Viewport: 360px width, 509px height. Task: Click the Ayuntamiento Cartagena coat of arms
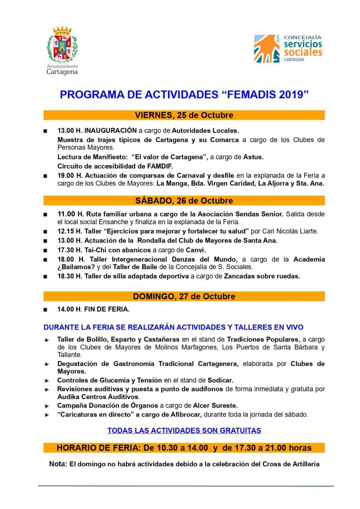click(x=62, y=45)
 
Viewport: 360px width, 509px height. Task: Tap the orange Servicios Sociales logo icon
click(x=267, y=48)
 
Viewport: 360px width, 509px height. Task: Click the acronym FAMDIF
click(x=158, y=166)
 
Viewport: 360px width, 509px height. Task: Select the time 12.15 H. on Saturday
click(x=69, y=232)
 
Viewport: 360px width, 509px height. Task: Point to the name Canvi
click(x=195, y=250)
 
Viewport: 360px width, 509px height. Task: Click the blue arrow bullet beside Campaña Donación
click(x=47, y=406)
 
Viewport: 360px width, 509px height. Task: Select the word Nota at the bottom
click(x=57, y=464)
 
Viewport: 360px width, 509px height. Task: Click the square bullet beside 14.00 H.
click(x=46, y=310)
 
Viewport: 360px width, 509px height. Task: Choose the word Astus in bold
click(x=253, y=157)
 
